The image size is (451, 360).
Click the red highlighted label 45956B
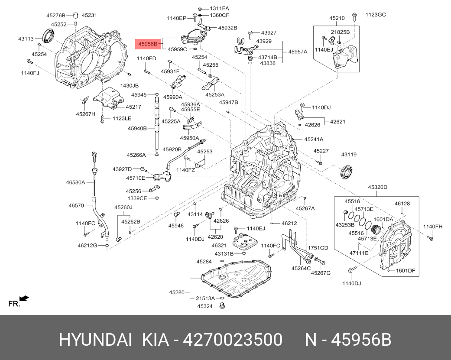pyautogui.click(x=148, y=43)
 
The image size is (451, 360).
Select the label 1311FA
pyautogui.click(x=220, y=8)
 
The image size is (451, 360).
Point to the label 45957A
pyautogui.click(x=298, y=52)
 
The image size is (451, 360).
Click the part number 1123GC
pyautogui.click(x=375, y=14)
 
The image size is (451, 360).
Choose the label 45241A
pyautogui.click(x=314, y=139)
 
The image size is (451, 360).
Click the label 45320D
pyautogui.click(x=377, y=187)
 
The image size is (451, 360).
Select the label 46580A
pyautogui.click(x=75, y=182)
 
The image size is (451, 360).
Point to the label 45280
pyautogui.click(x=177, y=292)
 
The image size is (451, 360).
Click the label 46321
pyautogui.click(x=219, y=245)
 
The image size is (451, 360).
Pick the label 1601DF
pyautogui.click(x=406, y=271)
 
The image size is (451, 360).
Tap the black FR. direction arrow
pyautogui.click(x=24, y=298)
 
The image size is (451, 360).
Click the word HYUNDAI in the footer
pyautogui.click(x=95, y=340)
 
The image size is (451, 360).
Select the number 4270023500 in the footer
pyautogui.click(x=233, y=340)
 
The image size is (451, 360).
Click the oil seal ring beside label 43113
pyautogui.click(x=48, y=36)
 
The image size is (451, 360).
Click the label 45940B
pyautogui.click(x=136, y=128)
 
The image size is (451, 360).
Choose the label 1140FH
pyautogui.click(x=433, y=227)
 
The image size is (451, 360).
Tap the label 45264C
pyautogui.click(x=301, y=268)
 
